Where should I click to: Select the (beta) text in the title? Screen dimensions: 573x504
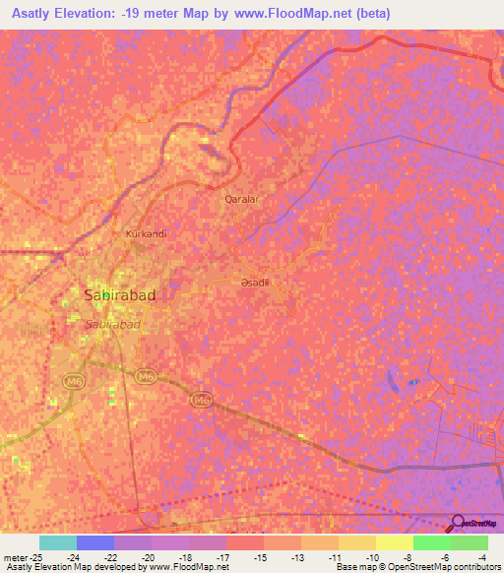(371, 14)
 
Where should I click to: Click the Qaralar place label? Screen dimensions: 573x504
(241, 199)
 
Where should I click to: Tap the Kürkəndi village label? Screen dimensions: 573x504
(146, 234)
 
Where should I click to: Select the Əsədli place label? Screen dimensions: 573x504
(255, 283)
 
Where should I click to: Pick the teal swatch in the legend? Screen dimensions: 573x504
(58, 542)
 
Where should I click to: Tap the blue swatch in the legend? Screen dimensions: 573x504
(95, 542)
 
